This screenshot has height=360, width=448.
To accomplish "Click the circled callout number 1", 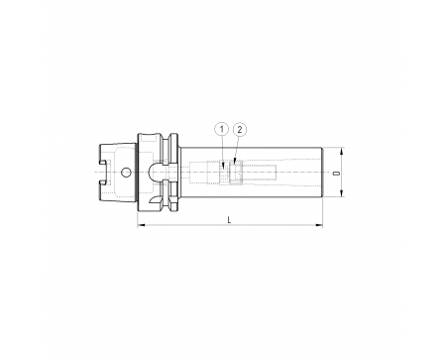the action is point(222,129).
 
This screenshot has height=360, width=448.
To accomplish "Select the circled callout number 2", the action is point(240,129).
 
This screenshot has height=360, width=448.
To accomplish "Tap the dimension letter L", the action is point(229,219).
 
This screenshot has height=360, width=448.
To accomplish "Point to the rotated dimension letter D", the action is point(337,173).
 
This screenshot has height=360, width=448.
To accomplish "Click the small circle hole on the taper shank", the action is point(126,173).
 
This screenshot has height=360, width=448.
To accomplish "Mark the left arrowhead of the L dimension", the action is point(141,225).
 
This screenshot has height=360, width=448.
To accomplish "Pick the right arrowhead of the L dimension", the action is point(319,225).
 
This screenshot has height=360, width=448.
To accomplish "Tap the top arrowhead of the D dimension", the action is point(342,151).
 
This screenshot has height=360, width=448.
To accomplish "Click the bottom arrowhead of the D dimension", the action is point(342,193).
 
